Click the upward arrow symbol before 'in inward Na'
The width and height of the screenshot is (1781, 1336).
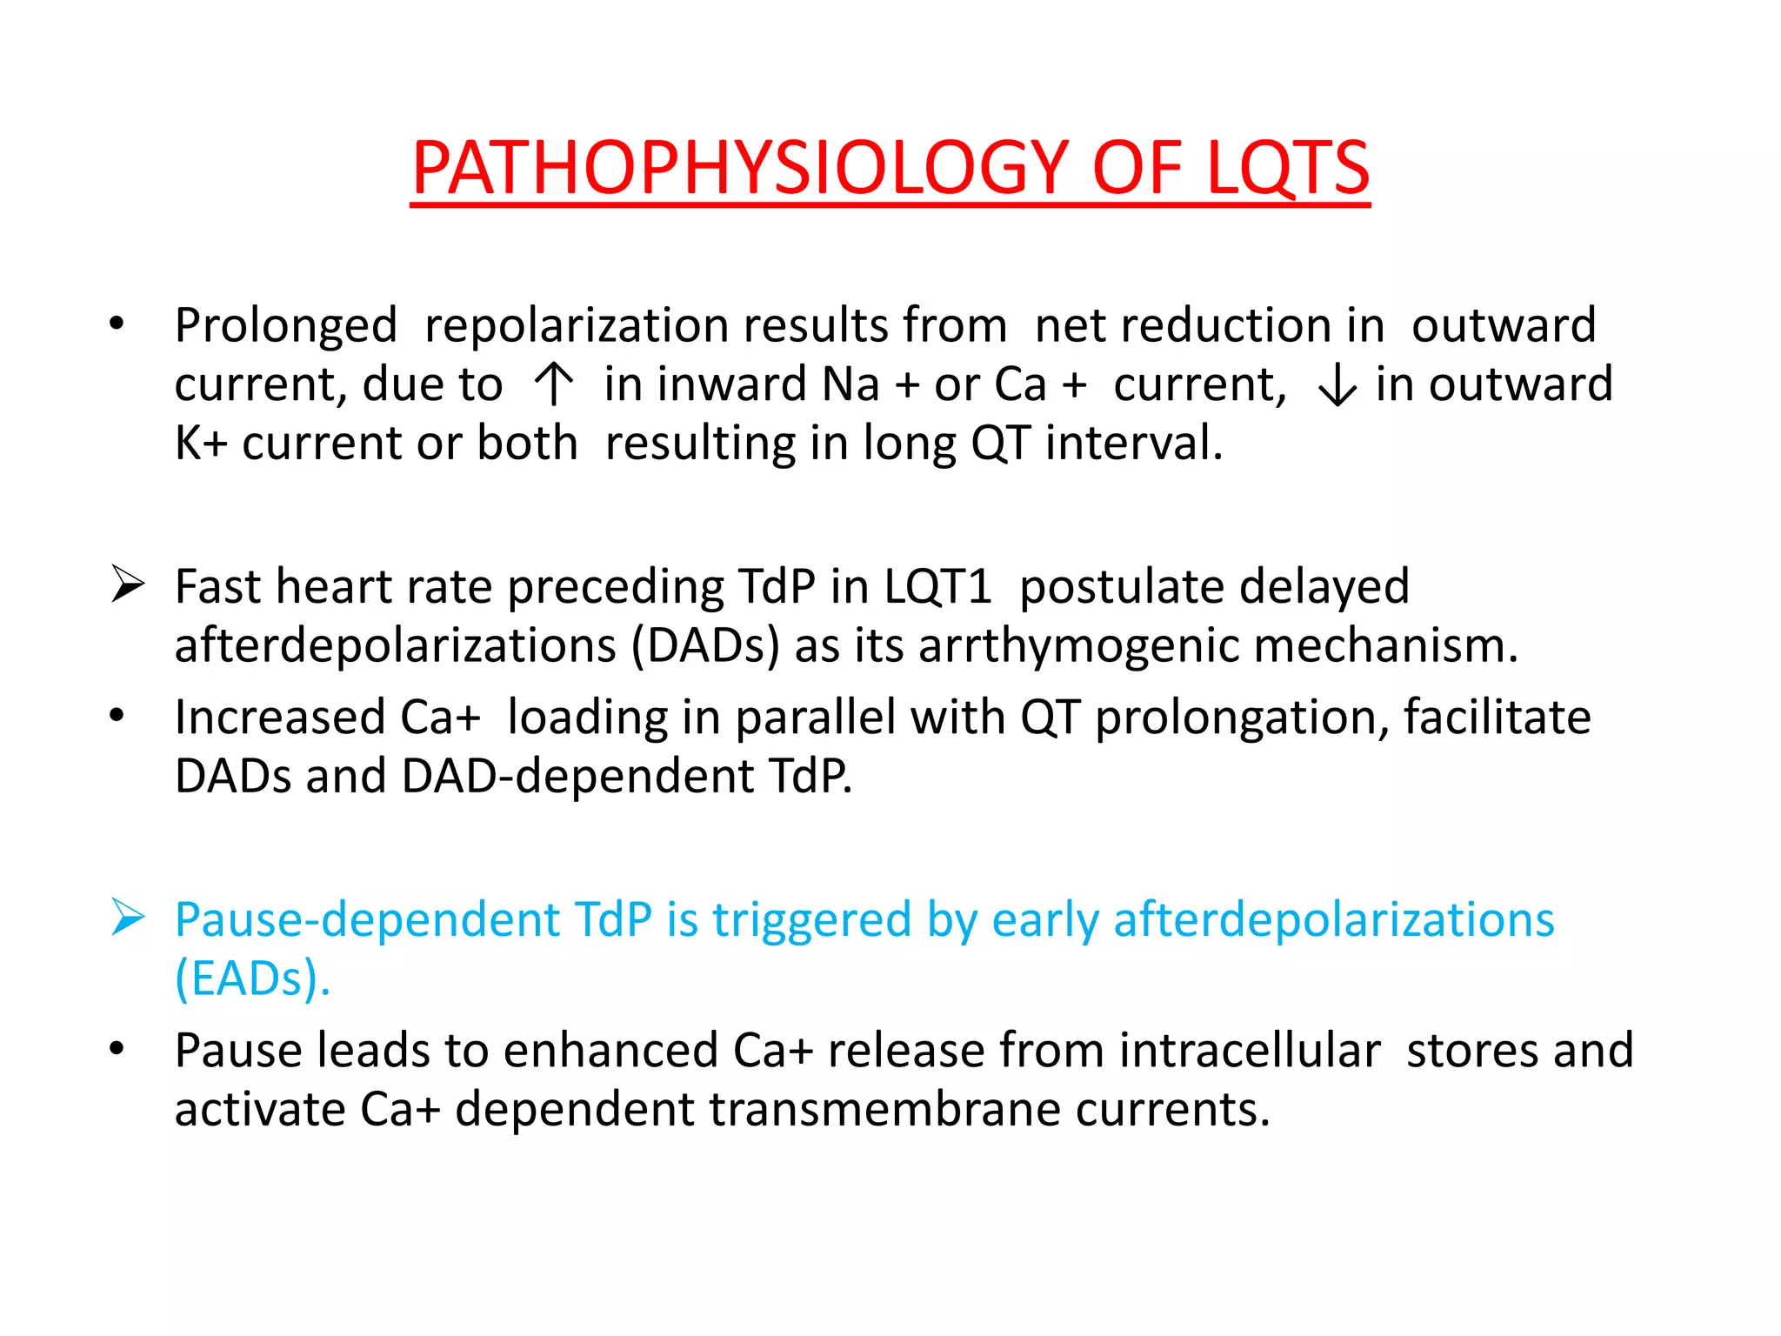pos(553,384)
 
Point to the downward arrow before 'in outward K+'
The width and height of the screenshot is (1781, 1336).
pos(1337,384)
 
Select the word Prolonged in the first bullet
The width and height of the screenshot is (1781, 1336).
pos(285,326)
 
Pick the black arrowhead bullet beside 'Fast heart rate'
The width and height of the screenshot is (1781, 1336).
pos(128,584)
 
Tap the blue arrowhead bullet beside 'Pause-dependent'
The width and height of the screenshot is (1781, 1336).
pos(128,918)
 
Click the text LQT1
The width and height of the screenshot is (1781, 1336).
pos(937,586)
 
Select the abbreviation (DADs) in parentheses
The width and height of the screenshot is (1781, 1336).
pos(705,646)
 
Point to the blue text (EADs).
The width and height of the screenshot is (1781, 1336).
pos(252,979)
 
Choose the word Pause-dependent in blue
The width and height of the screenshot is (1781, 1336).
pos(366,920)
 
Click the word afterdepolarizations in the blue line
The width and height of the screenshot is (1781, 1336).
pos(1333,920)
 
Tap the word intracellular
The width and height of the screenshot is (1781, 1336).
pos(1250,1050)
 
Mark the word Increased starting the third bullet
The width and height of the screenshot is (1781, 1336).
pos(280,718)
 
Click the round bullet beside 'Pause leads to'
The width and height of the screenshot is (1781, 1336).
pos(117,1049)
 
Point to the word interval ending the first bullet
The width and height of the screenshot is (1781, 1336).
pos(1132,443)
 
